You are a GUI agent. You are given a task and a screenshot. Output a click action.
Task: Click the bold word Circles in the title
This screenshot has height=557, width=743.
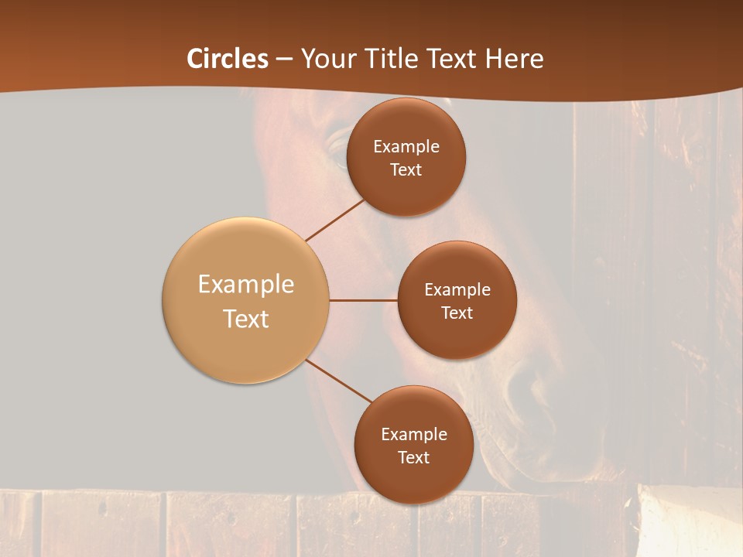click(x=228, y=59)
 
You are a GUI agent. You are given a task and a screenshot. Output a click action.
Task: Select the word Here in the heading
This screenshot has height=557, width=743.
click(x=515, y=59)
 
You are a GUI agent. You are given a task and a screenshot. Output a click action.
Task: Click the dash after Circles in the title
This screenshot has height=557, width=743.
click(x=284, y=60)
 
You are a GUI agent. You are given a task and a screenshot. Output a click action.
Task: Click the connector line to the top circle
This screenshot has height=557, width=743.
click(x=336, y=219)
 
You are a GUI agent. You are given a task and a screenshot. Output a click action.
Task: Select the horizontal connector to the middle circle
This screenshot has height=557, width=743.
click(x=363, y=300)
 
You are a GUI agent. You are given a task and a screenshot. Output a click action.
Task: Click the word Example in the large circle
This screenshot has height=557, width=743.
click(x=246, y=285)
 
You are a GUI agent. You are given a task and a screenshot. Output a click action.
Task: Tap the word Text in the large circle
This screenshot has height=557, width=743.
click(x=246, y=319)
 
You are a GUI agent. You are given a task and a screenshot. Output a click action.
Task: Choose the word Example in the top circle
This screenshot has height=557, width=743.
click(x=406, y=147)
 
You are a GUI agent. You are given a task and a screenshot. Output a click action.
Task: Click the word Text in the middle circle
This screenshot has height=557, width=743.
click(x=457, y=313)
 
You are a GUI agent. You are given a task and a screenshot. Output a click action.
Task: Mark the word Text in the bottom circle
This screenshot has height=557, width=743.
click(x=413, y=458)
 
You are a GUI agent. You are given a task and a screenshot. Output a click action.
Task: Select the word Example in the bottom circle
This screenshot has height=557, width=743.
click(x=414, y=435)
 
